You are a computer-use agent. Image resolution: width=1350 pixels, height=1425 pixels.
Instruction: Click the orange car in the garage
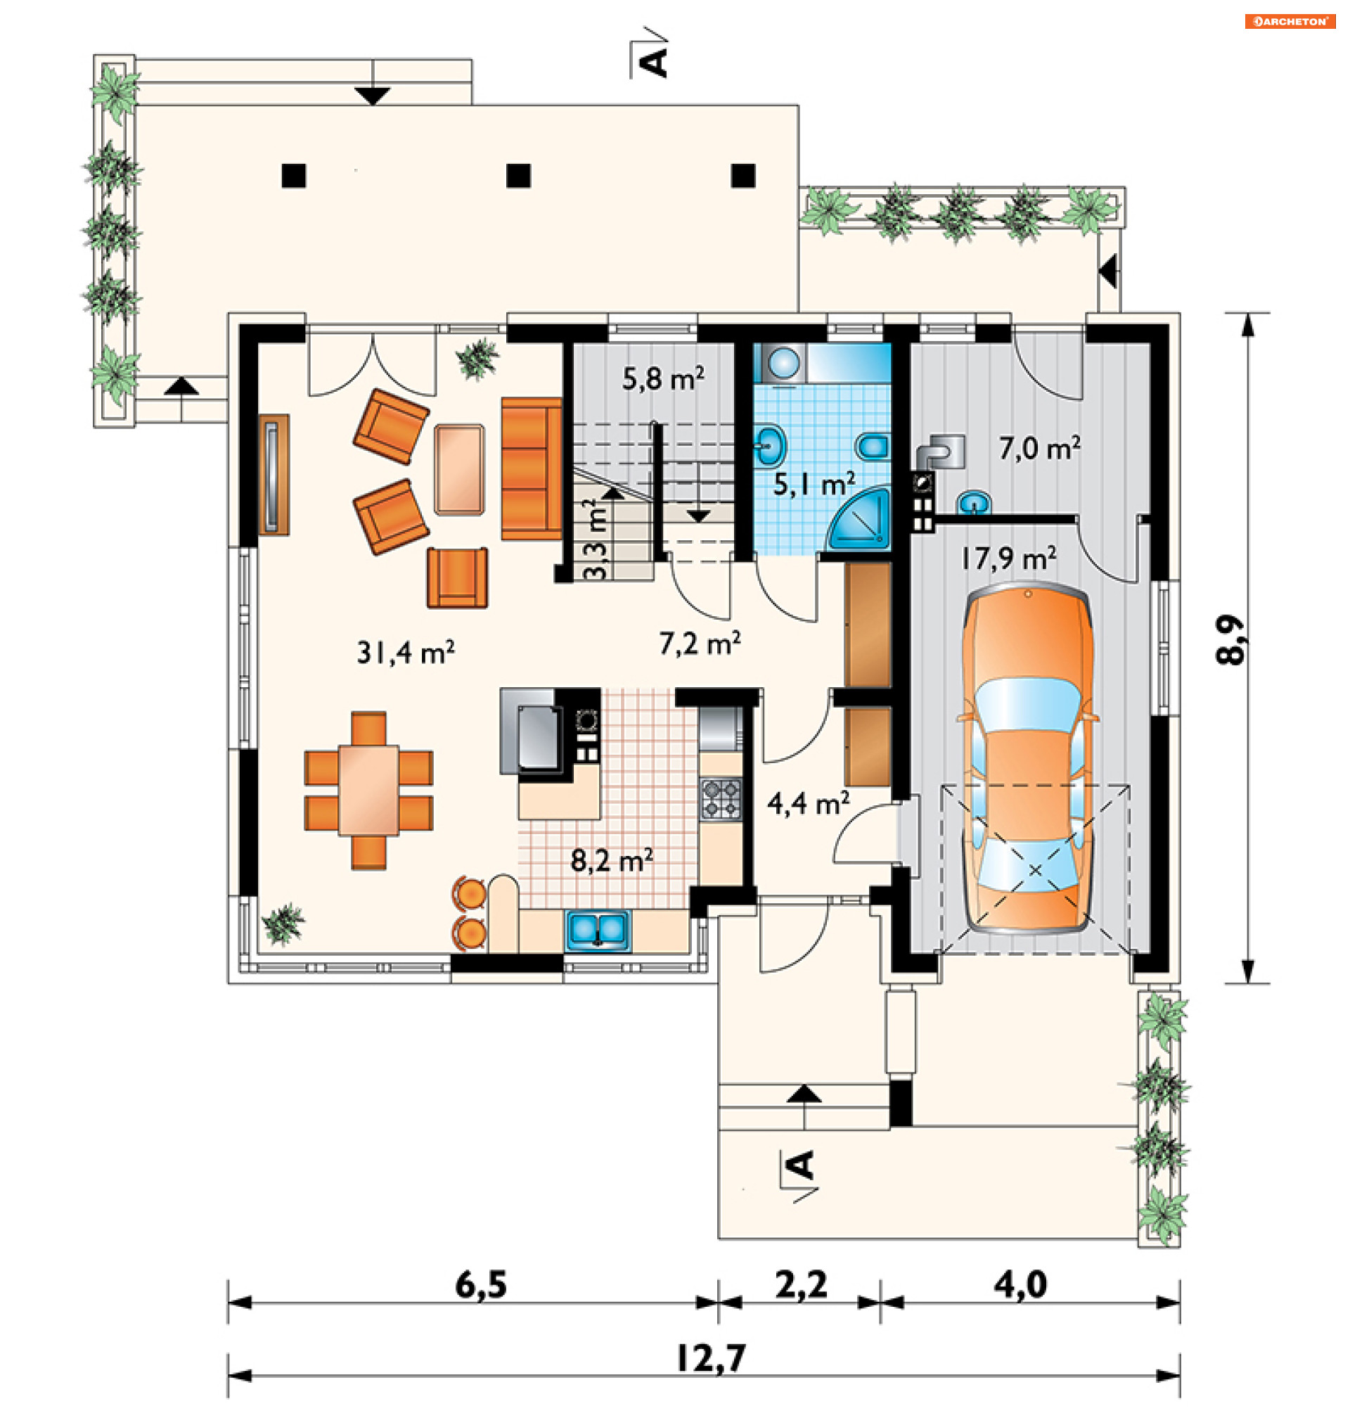point(1027,760)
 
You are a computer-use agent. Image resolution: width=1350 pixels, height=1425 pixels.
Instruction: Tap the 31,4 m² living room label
point(406,652)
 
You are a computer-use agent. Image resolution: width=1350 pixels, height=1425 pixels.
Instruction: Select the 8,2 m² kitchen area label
point(612,860)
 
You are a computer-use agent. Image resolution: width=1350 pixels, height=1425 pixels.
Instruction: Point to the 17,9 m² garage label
point(1009,557)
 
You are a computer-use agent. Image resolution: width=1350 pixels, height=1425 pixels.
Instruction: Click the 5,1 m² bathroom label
point(814,484)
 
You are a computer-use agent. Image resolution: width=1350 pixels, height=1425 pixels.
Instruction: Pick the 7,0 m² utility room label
point(1039,447)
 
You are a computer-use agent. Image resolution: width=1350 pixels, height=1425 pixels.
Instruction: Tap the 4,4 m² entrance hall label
point(808,803)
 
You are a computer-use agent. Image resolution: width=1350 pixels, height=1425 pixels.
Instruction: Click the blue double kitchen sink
point(597,930)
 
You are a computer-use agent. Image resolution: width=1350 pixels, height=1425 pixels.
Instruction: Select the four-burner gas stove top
point(720,798)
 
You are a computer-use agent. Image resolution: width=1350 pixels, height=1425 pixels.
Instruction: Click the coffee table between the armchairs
point(459,469)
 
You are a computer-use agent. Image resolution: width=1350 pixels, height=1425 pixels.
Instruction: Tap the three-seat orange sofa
point(531,468)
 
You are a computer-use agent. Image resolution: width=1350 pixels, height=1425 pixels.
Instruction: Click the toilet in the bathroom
point(872,447)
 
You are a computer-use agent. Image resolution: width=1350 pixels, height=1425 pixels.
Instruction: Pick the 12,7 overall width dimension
point(710,1358)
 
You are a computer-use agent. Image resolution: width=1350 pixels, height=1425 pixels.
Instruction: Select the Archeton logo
point(1290,22)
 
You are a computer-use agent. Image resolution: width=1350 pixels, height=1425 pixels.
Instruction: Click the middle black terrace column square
point(518,176)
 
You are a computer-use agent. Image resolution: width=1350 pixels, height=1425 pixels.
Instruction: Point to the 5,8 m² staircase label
point(663,378)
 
